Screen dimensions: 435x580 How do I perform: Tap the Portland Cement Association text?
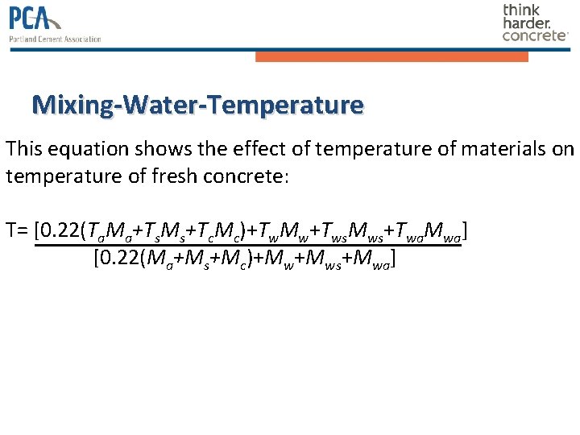point(56,39)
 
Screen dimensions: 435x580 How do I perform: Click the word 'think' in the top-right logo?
point(521,10)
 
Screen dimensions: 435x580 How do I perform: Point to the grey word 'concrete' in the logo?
point(534,35)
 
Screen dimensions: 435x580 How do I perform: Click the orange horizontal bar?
point(391,57)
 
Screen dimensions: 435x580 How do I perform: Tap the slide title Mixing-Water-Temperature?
point(197,105)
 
